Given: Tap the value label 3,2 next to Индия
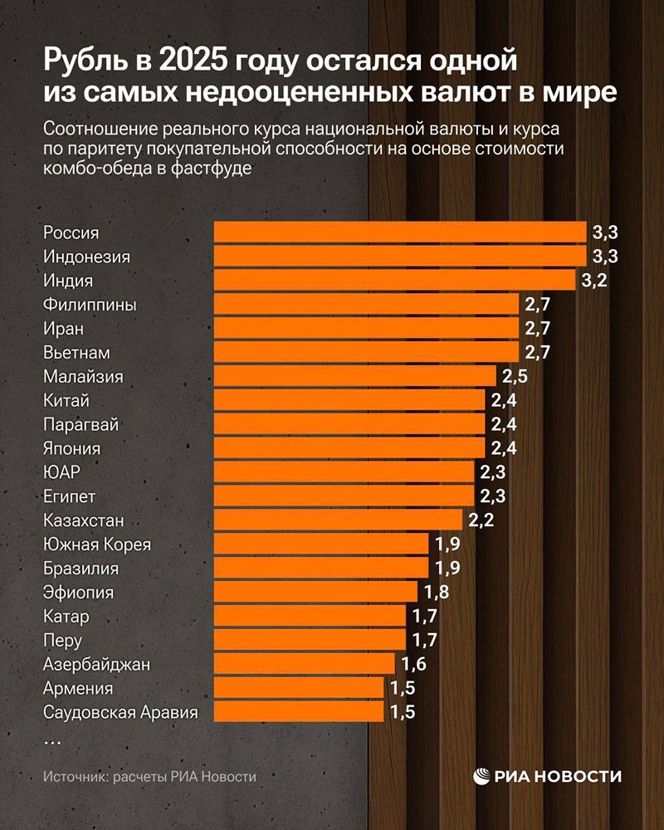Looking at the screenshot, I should tap(594, 281).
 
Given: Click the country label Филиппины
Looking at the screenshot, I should tap(90, 305).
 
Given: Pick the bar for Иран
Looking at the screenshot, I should tap(366, 329).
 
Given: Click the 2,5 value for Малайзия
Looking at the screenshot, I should tap(515, 377).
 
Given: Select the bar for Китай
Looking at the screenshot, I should tap(349, 400).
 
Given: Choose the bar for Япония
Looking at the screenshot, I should tap(349, 448).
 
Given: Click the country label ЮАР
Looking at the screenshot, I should tap(61, 472).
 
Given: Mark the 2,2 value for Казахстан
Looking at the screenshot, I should tap(481, 520).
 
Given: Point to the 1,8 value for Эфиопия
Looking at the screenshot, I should tap(436, 593).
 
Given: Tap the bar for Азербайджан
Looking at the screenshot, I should tap(304, 664).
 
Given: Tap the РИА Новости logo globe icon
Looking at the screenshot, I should tap(482, 776).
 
